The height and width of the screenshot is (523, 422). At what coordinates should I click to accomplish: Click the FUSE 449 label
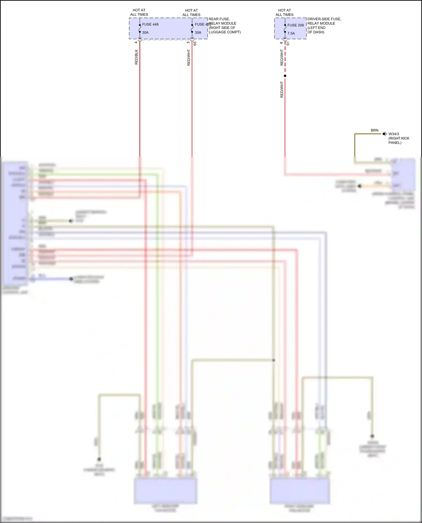click(150, 24)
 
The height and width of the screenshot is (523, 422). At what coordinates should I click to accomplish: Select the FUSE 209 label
click(295, 25)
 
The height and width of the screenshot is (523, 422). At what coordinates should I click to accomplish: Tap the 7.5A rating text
click(291, 33)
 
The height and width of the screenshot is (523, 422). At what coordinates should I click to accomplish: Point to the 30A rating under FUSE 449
click(145, 33)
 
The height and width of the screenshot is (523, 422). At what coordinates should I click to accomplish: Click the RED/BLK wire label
click(136, 57)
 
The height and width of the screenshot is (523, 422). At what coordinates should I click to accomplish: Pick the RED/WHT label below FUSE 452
click(189, 58)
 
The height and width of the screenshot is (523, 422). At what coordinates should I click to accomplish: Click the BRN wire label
click(374, 130)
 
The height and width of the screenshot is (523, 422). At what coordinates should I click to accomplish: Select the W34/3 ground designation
click(394, 134)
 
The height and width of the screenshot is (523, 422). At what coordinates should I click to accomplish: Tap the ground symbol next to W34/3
click(385, 134)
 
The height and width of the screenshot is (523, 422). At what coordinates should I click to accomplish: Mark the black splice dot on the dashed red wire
click(285, 76)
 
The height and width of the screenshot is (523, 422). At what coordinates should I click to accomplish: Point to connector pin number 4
click(136, 42)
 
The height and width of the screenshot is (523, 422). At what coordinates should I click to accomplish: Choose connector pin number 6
click(281, 43)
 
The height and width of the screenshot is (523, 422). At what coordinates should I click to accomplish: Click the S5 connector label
click(195, 44)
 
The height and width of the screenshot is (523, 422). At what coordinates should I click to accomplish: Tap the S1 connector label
click(288, 44)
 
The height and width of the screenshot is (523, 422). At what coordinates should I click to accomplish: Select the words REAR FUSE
click(219, 19)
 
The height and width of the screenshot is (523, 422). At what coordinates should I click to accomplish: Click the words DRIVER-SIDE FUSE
click(324, 19)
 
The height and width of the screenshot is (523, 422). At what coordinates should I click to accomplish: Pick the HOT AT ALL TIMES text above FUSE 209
click(284, 12)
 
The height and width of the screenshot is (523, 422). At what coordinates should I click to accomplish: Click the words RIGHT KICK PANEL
click(399, 141)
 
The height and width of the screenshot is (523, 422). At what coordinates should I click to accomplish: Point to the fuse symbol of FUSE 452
click(192, 28)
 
